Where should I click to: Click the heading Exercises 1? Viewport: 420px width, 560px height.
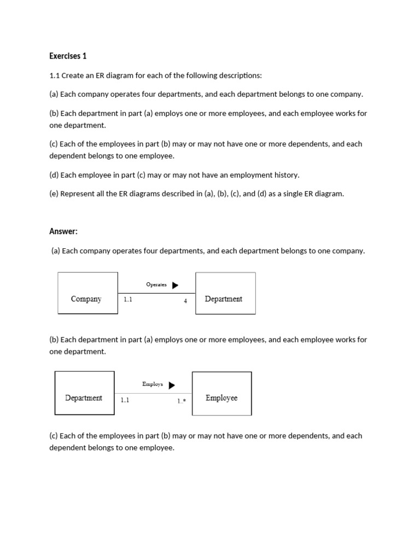[x=68, y=56]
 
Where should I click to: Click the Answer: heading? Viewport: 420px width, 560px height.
[x=63, y=231]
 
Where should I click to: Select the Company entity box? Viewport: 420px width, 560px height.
[x=87, y=293]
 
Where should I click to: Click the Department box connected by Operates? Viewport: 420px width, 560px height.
[x=225, y=293]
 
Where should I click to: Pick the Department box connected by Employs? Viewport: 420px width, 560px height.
[x=84, y=393]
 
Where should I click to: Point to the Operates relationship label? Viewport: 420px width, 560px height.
[x=156, y=284]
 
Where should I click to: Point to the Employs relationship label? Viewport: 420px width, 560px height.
[x=153, y=384]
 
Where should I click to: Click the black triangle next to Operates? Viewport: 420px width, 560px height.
[x=175, y=285]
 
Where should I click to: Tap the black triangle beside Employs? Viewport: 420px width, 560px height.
[x=172, y=385]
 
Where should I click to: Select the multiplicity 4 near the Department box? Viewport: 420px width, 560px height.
[x=185, y=301]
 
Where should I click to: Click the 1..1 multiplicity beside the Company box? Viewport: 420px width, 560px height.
[x=128, y=300]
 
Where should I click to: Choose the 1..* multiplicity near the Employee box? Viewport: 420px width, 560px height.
[x=182, y=401]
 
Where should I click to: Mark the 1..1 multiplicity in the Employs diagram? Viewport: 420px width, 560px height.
[x=125, y=400]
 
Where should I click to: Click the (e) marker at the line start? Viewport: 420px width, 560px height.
[x=54, y=194]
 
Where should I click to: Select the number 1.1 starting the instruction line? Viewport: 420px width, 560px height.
[x=54, y=75]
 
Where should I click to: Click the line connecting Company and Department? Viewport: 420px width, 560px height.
[x=156, y=293]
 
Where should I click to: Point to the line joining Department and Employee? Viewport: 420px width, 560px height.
[x=153, y=393]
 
